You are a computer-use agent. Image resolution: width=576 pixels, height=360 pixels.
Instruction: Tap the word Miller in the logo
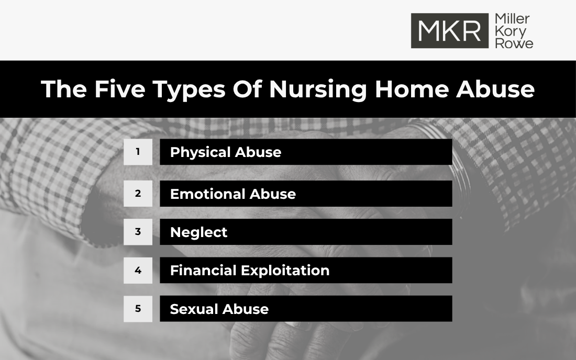point(512,19)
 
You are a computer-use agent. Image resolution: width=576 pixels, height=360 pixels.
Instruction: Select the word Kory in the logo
point(510,31)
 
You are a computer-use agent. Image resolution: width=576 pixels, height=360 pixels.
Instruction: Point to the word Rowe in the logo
point(514,43)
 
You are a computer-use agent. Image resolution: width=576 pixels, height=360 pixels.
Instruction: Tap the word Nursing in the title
point(318,89)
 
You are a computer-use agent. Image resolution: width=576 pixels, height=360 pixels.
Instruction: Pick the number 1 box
point(138,152)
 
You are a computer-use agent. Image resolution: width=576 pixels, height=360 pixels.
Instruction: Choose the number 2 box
point(138,194)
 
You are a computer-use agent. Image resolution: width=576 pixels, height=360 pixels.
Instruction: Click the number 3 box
point(138,232)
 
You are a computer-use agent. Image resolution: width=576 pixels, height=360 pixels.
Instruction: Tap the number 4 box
point(138,271)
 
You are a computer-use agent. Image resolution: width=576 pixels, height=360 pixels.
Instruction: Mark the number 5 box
point(138,309)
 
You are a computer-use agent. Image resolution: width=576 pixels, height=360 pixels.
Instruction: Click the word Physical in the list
point(201,152)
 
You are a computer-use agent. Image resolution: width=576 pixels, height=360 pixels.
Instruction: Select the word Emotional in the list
point(207,194)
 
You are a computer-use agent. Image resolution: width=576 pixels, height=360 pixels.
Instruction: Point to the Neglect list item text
point(198,232)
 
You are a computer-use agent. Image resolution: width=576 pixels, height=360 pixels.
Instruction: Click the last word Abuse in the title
point(495,89)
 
